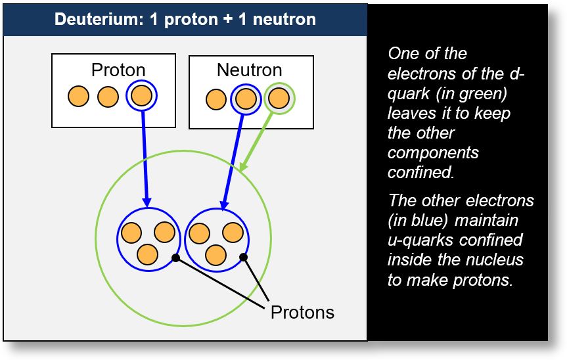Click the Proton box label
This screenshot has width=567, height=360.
coord(118,70)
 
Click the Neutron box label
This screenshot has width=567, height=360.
coord(249,70)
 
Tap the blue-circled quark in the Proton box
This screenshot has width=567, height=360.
coord(141,97)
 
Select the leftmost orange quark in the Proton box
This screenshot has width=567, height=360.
coord(78,97)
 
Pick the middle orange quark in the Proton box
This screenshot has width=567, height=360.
coord(108,97)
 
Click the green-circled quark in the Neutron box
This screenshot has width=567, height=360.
coord(279,99)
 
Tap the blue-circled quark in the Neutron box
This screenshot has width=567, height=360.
coord(245,99)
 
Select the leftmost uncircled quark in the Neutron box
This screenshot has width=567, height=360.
coord(215,100)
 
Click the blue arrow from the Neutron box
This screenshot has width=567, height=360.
coord(234,158)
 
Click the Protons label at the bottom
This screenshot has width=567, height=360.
coord(302,312)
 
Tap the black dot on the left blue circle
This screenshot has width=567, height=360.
coord(175,258)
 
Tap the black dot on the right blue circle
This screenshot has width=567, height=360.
coord(243,257)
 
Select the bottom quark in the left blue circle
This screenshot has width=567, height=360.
coord(147,254)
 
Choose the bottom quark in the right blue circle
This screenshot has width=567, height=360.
coord(215,254)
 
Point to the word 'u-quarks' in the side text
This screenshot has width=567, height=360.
coord(419,240)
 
